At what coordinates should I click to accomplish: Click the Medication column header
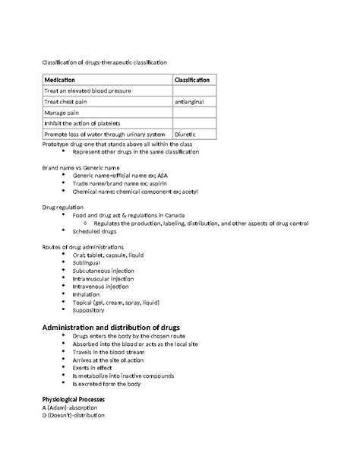(60, 80)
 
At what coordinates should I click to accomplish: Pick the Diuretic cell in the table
(186, 134)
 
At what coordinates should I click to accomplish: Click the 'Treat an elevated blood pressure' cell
(87, 90)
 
